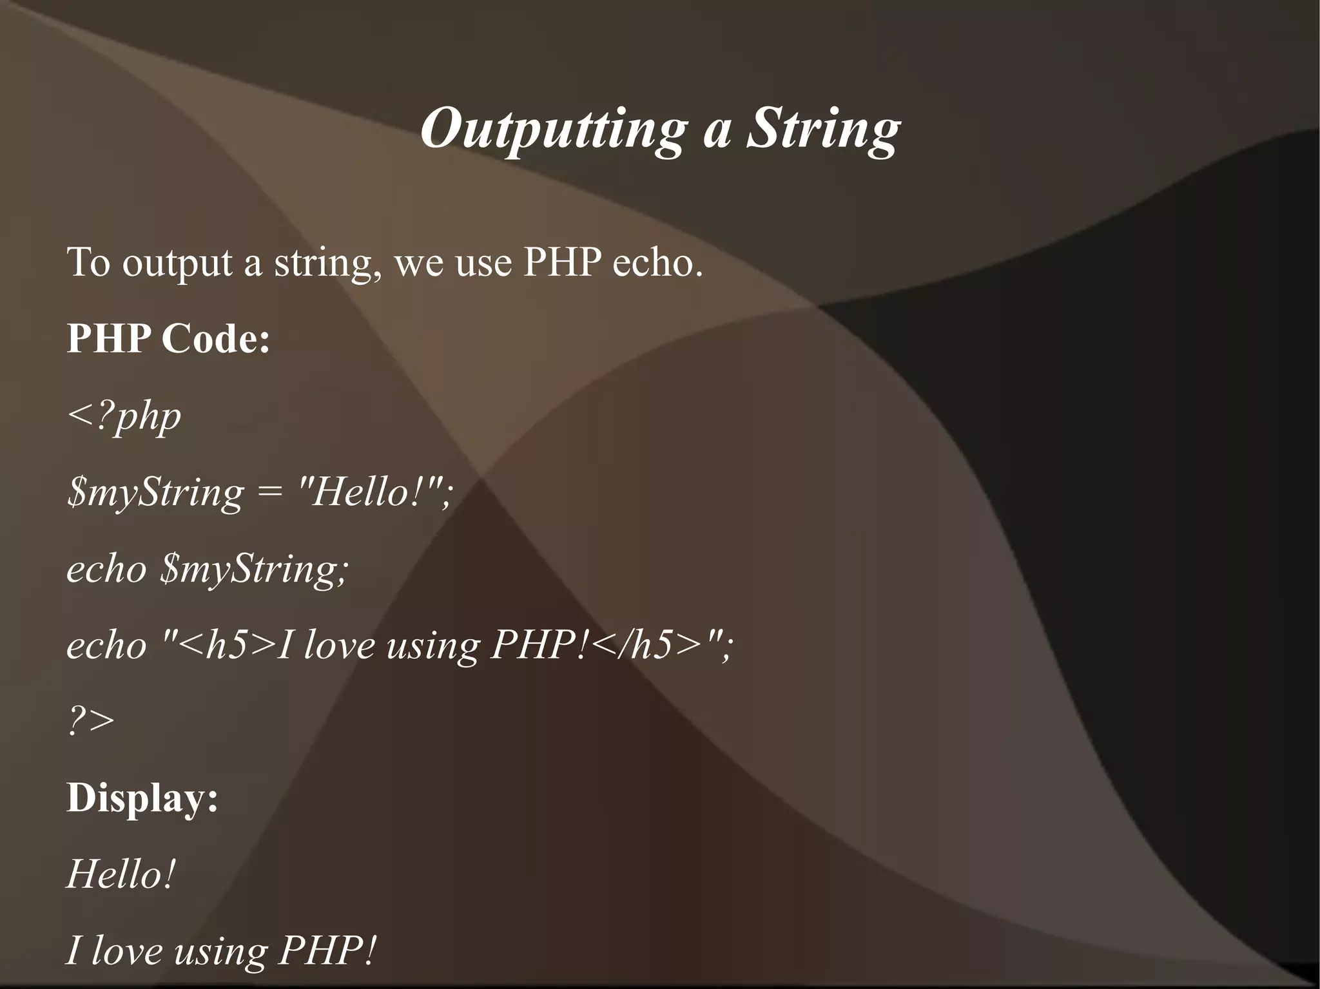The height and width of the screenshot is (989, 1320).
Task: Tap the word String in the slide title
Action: (823, 129)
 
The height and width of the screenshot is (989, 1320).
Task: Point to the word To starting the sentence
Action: (88, 263)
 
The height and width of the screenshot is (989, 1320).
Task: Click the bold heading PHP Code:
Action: (168, 339)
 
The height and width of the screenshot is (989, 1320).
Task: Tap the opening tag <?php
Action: (124, 416)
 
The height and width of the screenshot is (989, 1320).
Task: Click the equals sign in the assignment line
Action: (270, 494)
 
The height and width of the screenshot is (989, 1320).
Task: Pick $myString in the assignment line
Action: (155, 494)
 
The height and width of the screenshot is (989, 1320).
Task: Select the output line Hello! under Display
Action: (121, 874)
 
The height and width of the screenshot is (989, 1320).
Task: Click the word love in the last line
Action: (126, 950)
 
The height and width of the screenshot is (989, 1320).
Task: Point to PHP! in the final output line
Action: (326, 950)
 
